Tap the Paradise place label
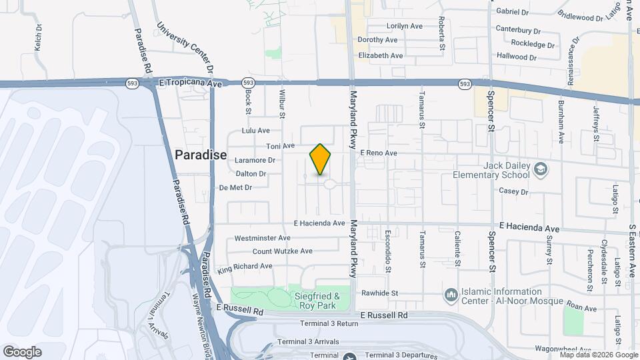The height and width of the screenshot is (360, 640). [201, 155]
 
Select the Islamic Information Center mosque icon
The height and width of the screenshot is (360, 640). [451, 295]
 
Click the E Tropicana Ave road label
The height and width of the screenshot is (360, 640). [190, 83]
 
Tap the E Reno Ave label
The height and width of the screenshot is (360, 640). [379, 153]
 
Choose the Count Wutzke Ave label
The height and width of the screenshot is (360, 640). [282, 251]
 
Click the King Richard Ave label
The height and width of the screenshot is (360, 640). [245, 266]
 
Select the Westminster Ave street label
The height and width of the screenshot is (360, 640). [262, 237]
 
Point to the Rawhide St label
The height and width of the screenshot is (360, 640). [379, 293]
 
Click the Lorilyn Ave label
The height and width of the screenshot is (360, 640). [405, 26]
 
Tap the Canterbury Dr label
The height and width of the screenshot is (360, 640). [518, 30]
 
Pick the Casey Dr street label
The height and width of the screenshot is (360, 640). [513, 191]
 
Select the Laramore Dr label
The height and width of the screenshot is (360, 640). [253, 160]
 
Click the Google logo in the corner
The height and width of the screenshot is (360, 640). [22, 351]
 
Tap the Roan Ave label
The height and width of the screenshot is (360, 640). [581, 308]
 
